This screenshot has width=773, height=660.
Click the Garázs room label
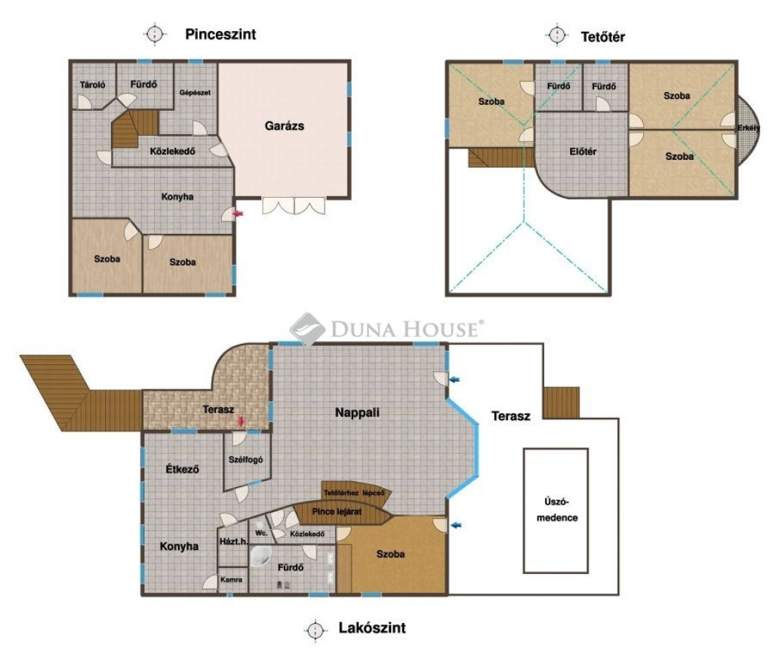tap(285, 126)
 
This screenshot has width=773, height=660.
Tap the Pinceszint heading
tap(220, 34)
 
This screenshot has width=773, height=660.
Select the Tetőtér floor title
tap(603, 37)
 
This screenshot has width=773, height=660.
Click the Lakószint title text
tap(372, 628)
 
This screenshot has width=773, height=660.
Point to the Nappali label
tap(357, 413)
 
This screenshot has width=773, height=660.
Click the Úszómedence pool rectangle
tap(556, 511)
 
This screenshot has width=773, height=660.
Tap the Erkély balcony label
tap(748, 128)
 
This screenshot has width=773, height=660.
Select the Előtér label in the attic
tap(583, 152)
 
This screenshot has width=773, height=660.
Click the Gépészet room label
tap(195, 93)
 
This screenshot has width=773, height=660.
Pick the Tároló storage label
tap(93, 84)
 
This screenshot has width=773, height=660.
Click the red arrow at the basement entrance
tap(238, 213)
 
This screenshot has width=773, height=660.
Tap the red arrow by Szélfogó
tap(241, 422)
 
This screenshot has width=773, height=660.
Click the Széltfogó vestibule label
tap(245, 459)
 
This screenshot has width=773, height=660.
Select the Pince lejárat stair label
tap(337, 511)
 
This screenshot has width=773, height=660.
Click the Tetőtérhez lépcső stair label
tap(354, 493)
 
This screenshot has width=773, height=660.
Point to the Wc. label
tap(261, 533)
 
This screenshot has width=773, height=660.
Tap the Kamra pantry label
tap(231, 580)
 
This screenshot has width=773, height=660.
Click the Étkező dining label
tap(183, 469)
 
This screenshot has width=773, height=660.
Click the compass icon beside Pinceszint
tap(155, 34)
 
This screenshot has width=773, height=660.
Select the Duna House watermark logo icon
tap(306, 327)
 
